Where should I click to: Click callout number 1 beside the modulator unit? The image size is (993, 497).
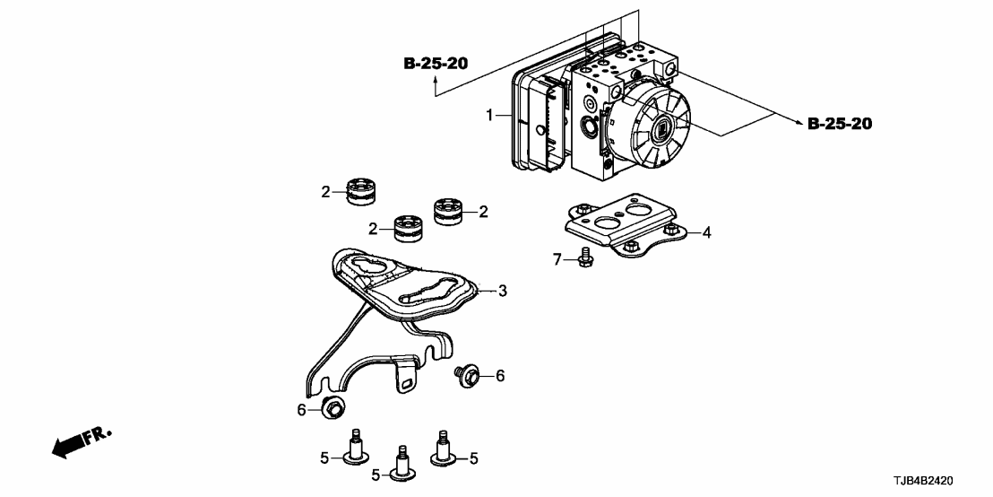tap(490, 116)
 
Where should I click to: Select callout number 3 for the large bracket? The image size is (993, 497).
tap(503, 291)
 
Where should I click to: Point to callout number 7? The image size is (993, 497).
tap(557, 259)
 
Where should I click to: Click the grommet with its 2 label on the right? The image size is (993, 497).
tap(447, 212)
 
